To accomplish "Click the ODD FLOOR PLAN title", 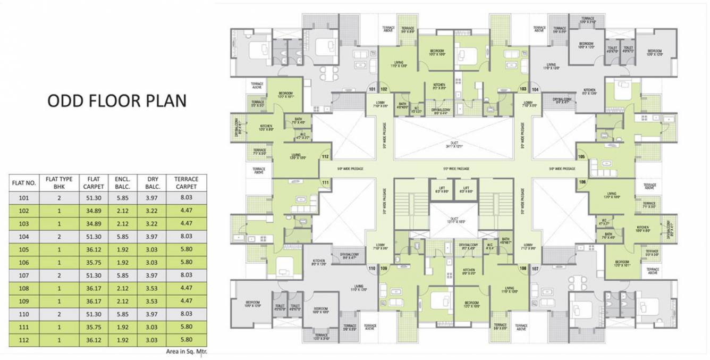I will click(117, 101).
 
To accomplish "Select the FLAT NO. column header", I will click(24, 183).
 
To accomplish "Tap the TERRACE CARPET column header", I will click(186, 183).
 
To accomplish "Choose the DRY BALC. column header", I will click(152, 183).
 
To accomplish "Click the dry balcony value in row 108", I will click(152, 288).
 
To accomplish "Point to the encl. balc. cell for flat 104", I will click(122, 237).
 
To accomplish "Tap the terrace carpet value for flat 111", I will click(186, 327).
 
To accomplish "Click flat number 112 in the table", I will click(24, 340).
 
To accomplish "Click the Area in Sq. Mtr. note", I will click(186, 351).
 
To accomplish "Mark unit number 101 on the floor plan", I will click(372, 89).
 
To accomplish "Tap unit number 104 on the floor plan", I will click(535, 89).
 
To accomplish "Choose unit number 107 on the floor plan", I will click(535, 269).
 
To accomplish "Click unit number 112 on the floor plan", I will click(325, 157).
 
